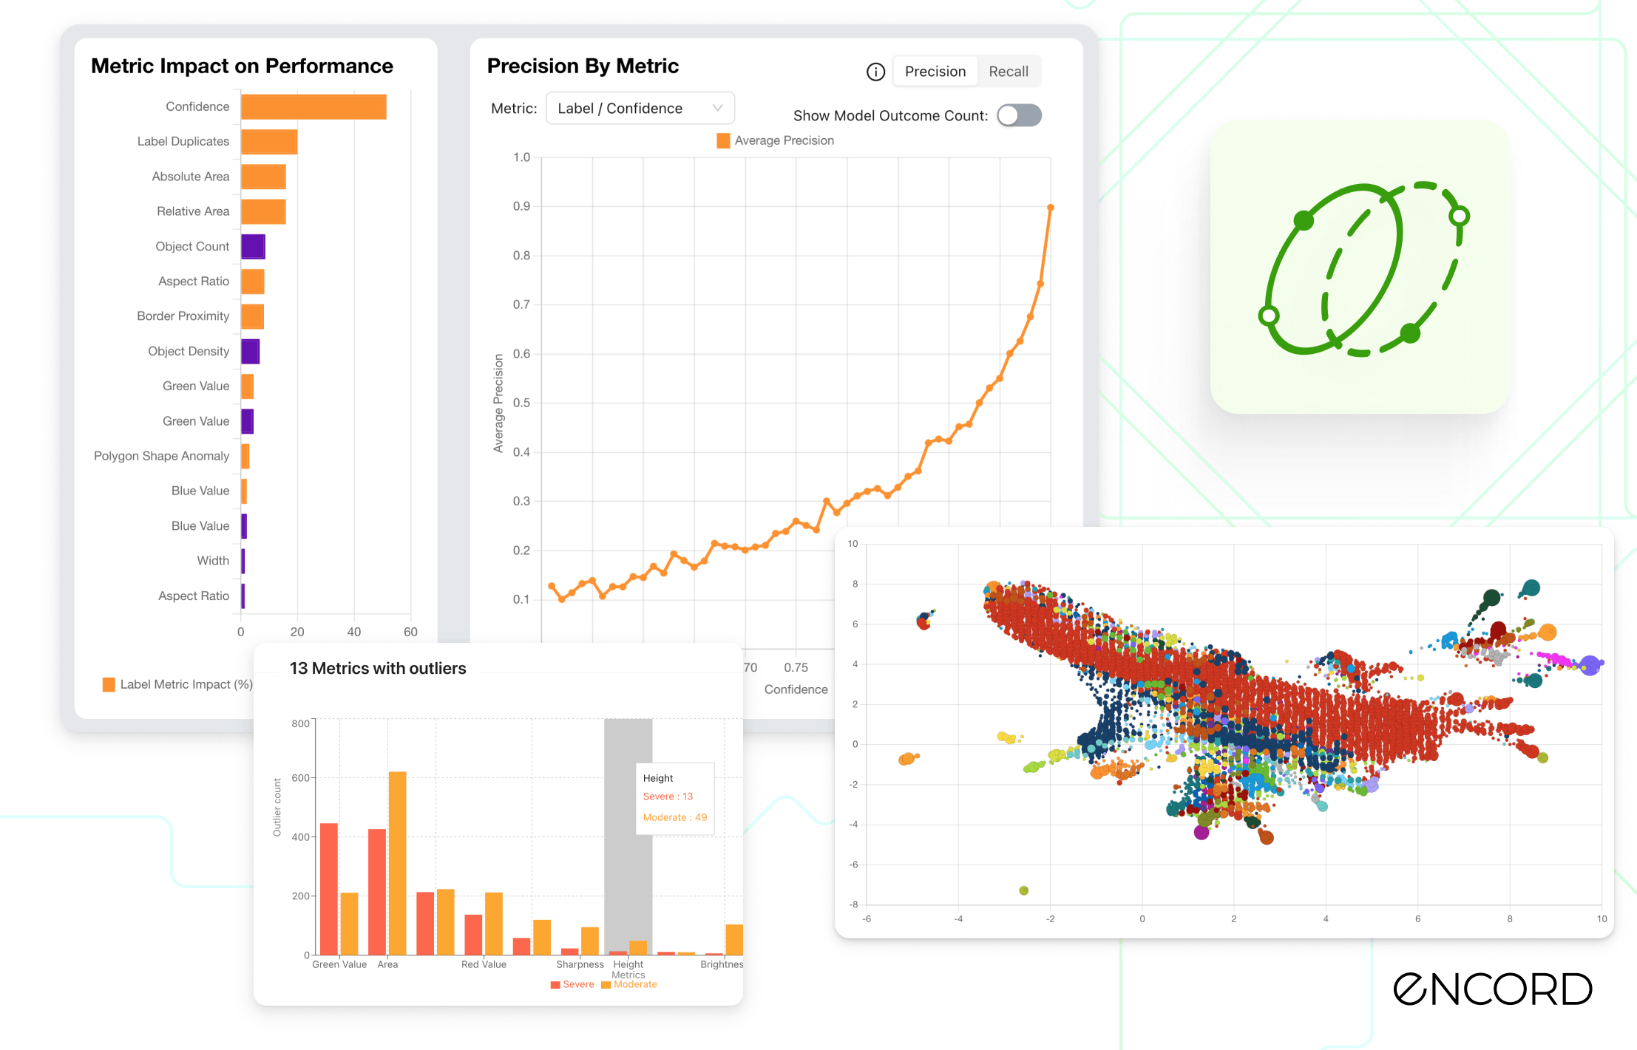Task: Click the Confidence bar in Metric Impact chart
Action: pyautogui.click(x=313, y=106)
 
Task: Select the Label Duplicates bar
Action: pyautogui.click(x=269, y=142)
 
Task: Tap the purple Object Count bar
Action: pyautogui.click(x=253, y=247)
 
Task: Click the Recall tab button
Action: pyautogui.click(x=1008, y=72)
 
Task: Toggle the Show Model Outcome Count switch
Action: pyautogui.click(x=1019, y=115)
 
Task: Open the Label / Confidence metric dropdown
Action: pyautogui.click(x=640, y=109)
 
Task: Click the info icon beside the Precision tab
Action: pyautogui.click(x=875, y=72)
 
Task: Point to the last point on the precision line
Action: pyautogui.click(x=1050, y=208)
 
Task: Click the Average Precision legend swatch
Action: pyautogui.click(x=723, y=140)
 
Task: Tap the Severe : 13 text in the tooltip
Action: pyautogui.click(x=668, y=797)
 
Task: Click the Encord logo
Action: pyautogui.click(x=1492, y=989)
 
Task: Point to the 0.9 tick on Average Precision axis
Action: pyautogui.click(x=522, y=206)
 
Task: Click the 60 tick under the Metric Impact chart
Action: pyautogui.click(x=410, y=632)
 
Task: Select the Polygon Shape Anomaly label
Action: pyautogui.click(x=161, y=456)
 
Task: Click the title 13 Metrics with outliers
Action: pyautogui.click(x=378, y=669)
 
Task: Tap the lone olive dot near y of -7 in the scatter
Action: pyautogui.click(x=1023, y=890)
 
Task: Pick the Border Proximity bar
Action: pyautogui.click(x=252, y=316)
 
